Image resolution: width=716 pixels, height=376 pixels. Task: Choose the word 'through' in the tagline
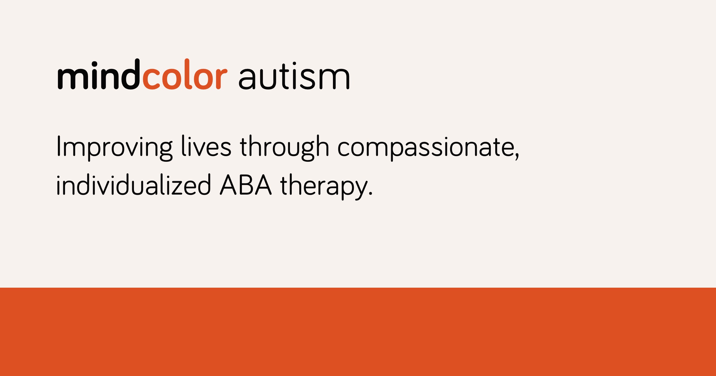point(284,147)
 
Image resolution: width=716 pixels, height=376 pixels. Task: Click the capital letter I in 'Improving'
point(59,146)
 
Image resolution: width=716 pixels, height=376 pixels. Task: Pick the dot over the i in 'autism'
point(294,64)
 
